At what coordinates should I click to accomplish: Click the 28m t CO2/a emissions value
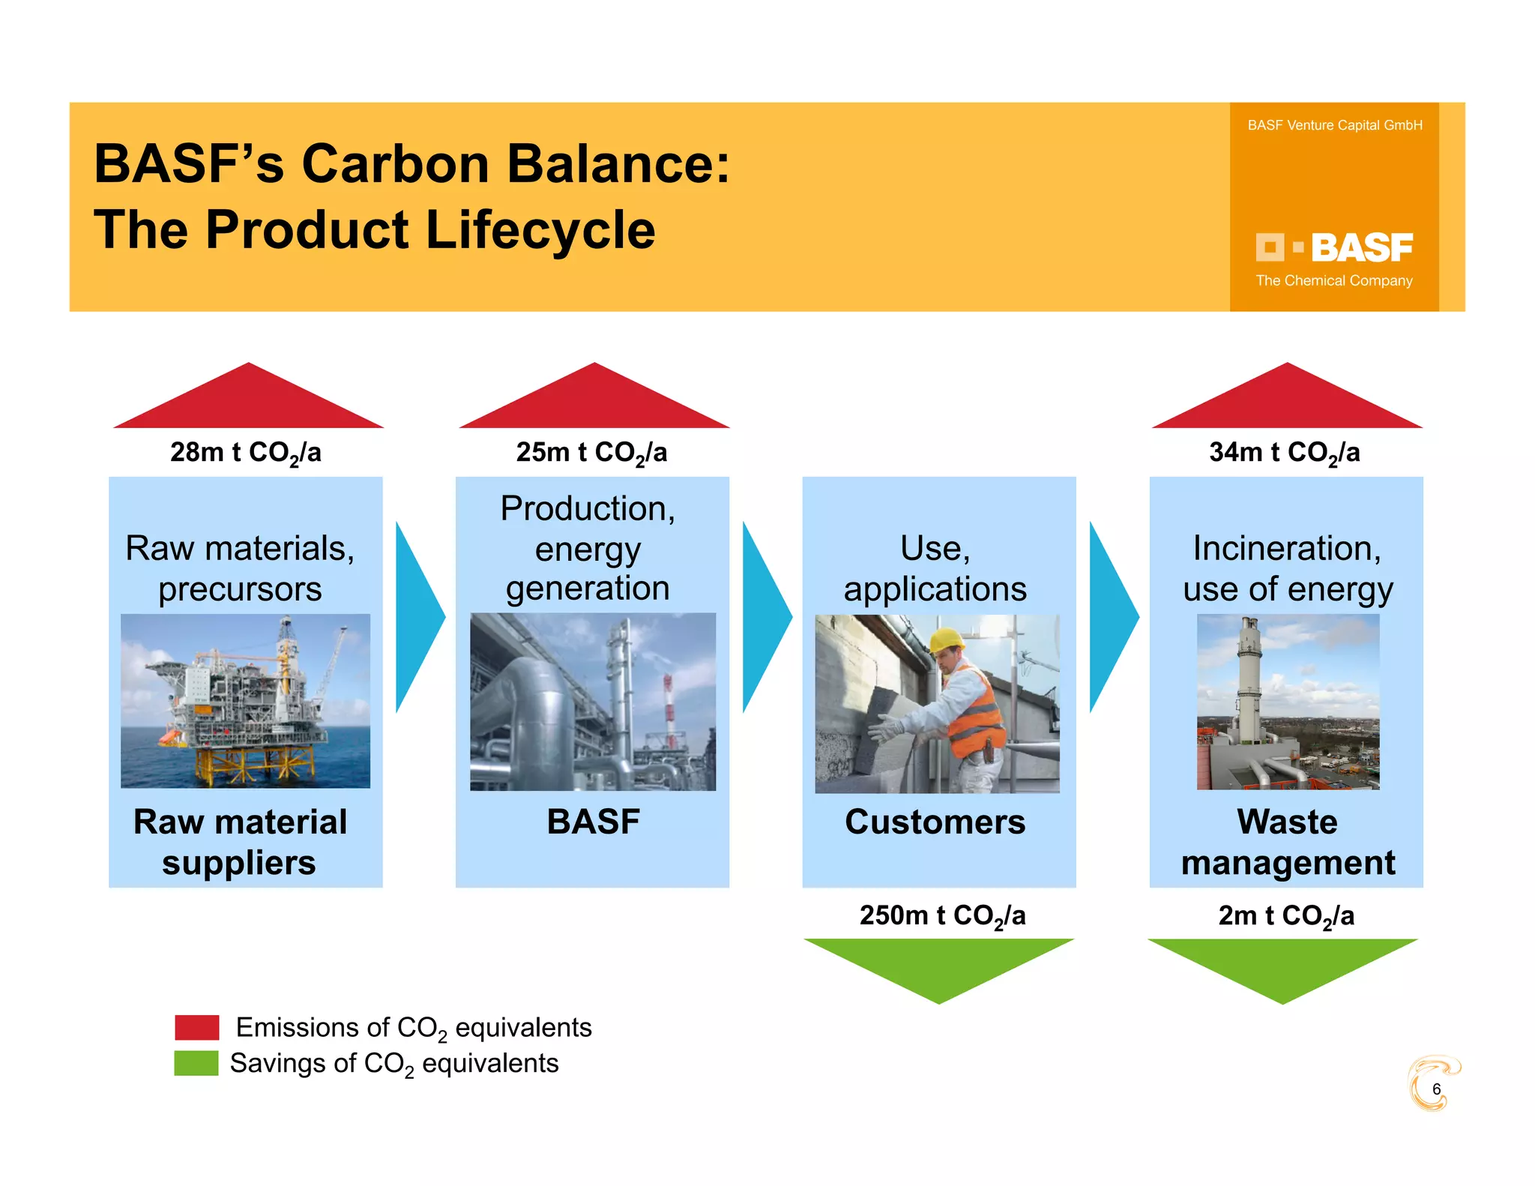pyautogui.click(x=245, y=453)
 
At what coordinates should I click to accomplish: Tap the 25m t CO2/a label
pyautogui.click(x=591, y=453)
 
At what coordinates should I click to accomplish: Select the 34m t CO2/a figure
pyautogui.click(x=1284, y=453)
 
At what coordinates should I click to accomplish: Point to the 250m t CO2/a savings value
pyautogui.click(x=942, y=916)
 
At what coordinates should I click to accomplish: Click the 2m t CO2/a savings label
pyautogui.click(x=1286, y=916)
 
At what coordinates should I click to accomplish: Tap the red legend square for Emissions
pyautogui.click(x=197, y=1027)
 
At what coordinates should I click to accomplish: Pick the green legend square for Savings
pyautogui.click(x=196, y=1063)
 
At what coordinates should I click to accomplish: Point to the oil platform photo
pyautogui.click(x=245, y=701)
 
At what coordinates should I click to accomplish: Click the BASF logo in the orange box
pyautogui.click(x=1334, y=248)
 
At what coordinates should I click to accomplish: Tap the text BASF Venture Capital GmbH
pyautogui.click(x=1334, y=125)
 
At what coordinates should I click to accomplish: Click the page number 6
pyautogui.click(x=1436, y=1089)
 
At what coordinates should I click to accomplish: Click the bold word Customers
pyautogui.click(x=935, y=822)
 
